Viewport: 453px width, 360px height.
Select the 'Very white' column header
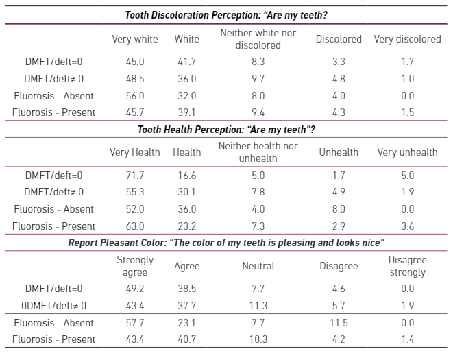tap(135, 39)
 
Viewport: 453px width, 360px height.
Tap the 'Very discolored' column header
tap(407, 39)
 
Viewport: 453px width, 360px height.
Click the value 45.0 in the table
tap(135, 62)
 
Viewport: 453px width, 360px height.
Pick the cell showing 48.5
tap(135, 79)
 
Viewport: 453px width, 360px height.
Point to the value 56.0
tap(135, 96)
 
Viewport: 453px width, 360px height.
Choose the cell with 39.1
tap(186, 112)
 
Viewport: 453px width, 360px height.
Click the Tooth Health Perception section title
tap(226, 129)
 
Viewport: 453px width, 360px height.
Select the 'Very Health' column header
tap(135, 152)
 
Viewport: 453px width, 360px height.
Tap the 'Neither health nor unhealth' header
tap(258, 152)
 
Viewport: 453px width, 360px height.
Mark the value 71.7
tap(135, 176)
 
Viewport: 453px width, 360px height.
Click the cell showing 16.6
tap(186, 176)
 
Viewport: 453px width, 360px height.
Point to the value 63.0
tap(135, 226)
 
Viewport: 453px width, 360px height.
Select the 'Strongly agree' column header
tap(135, 266)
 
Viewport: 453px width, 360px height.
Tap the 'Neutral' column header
tap(258, 266)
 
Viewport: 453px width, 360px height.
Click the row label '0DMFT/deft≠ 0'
tap(55, 306)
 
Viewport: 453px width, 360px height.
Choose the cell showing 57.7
tap(135, 323)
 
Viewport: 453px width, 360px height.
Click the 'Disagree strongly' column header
tap(407, 266)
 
